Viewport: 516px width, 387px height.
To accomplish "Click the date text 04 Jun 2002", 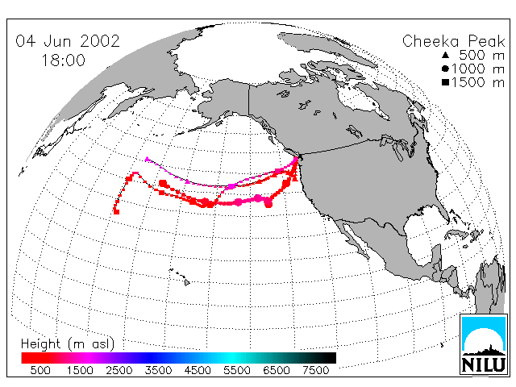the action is [x=68, y=41].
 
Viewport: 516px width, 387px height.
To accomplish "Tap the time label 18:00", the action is [x=63, y=60].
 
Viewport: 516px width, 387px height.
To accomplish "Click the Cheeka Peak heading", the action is [x=453, y=41].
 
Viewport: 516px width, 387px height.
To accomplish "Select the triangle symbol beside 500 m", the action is [x=445, y=55].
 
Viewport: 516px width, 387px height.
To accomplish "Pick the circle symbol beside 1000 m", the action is [x=445, y=69].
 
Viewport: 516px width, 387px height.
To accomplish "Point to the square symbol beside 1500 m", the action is [x=445, y=82].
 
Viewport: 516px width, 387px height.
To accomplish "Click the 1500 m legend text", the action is [x=478, y=82].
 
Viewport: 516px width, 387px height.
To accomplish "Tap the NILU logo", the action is [x=484, y=344].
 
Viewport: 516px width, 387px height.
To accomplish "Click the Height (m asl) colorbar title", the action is [x=68, y=344].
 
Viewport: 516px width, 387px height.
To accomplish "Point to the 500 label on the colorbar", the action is [x=40, y=370].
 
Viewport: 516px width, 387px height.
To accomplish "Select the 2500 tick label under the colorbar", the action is [x=119, y=370].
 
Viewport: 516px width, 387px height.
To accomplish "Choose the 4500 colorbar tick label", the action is [x=198, y=370].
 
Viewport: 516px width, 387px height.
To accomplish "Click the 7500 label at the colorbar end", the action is [x=315, y=370].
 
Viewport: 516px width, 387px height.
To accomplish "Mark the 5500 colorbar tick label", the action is [x=237, y=370].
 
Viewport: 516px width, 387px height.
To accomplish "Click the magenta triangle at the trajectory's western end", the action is [x=147, y=159].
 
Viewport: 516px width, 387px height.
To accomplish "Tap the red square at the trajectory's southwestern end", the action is [x=116, y=211].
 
